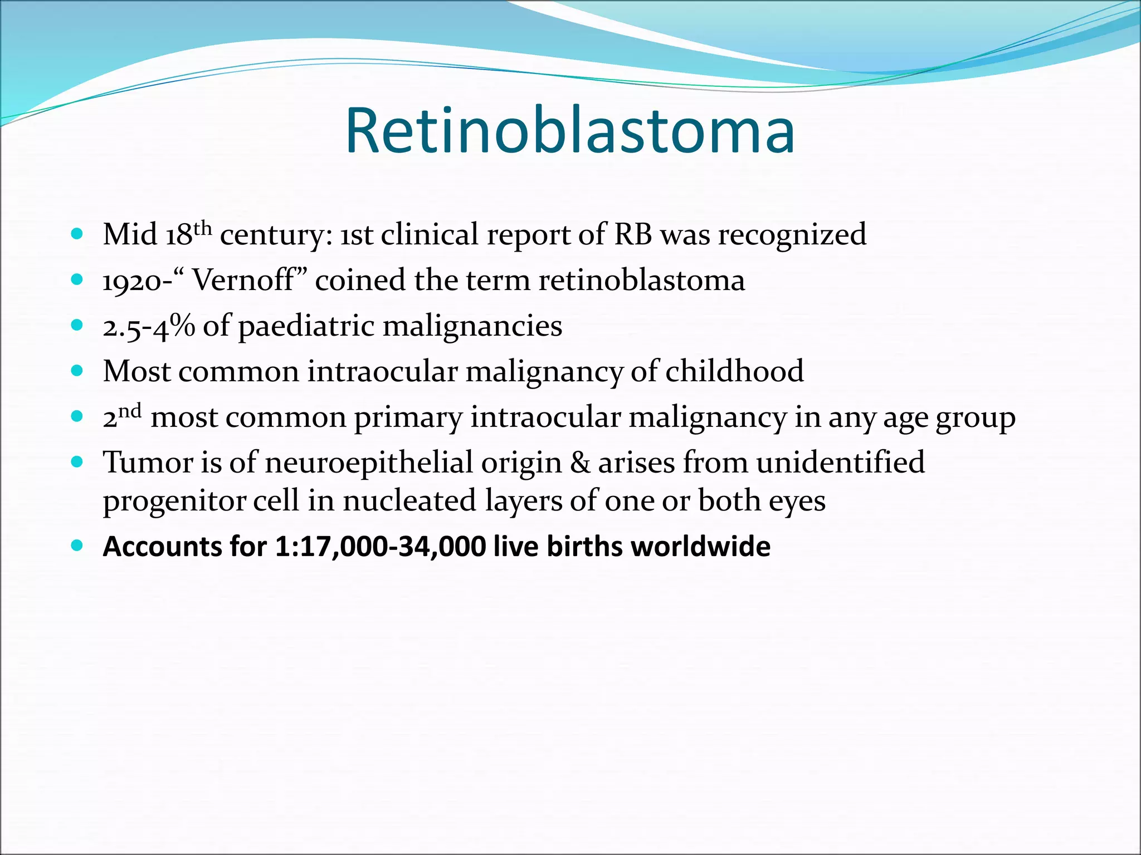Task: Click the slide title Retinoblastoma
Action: click(570, 130)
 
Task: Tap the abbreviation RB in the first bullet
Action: click(633, 234)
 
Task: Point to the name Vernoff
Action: click(243, 280)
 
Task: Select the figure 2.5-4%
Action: click(149, 326)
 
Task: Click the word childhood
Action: click(734, 371)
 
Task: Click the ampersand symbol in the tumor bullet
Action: click(579, 463)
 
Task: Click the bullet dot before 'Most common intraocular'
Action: click(77, 370)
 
